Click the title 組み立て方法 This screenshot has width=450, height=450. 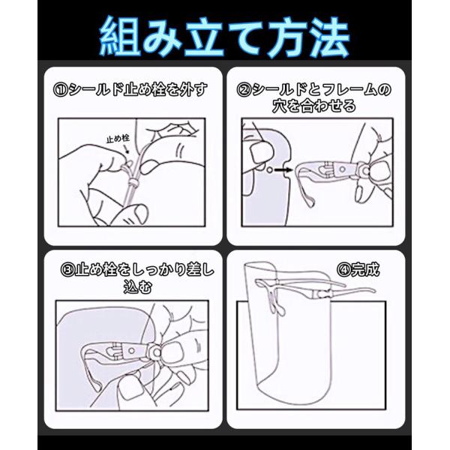pos(224,37)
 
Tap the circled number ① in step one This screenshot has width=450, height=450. pos(60,90)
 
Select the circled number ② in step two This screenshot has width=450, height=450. pos(244,90)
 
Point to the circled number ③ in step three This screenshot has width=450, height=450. pos(67,270)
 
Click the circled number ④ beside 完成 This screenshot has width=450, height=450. pos(344,270)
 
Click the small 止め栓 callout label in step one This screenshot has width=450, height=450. pos(118,139)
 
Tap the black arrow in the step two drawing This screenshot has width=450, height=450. pos(283,170)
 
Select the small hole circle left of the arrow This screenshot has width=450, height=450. pos(269,170)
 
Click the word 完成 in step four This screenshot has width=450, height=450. pos(365,270)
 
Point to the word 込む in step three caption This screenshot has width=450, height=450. pos(137,287)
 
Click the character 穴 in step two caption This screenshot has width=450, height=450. pos(280,106)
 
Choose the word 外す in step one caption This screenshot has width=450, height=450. pos(193,90)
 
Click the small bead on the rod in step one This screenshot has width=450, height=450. pos(133,182)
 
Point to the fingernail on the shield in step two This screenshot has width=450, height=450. pos(260,153)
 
